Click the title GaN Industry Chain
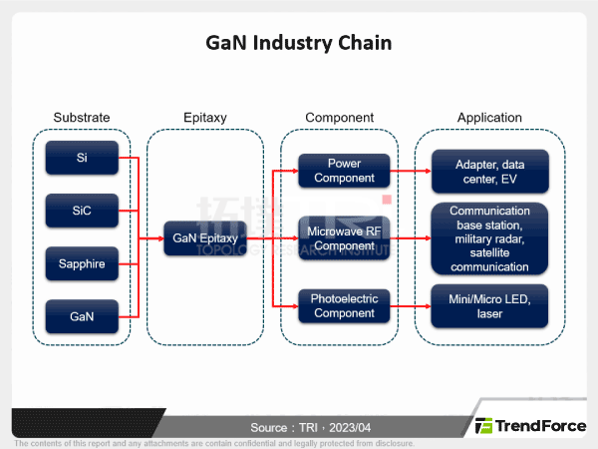[298, 43]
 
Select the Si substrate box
[81, 158]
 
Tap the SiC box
[81, 211]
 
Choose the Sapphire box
[81, 264]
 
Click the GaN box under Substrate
[81, 316]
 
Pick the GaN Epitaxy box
[204, 238]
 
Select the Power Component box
[344, 171]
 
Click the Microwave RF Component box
[344, 238]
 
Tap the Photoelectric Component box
[344, 305]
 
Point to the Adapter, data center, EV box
[489, 171]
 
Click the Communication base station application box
[489, 238]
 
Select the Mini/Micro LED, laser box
[489, 305]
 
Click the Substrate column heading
[81, 118]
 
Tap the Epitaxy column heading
[205, 118]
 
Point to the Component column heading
[339, 118]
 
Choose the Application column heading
[489, 118]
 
